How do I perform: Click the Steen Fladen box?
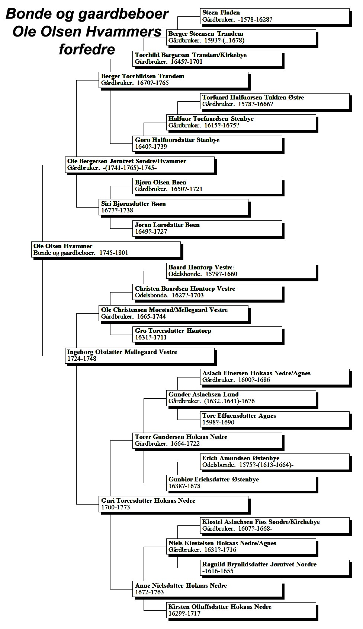(275, 16)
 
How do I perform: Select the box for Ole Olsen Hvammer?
(106, 249)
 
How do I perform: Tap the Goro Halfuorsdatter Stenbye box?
(207, 143)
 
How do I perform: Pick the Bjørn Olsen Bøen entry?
(207, 186)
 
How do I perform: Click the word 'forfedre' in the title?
(87, 50)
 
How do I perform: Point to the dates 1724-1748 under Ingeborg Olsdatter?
(81, 358)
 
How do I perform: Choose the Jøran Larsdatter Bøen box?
(207, 228)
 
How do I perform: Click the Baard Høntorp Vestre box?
(241, 271)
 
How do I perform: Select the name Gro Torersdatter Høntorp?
(173, 331)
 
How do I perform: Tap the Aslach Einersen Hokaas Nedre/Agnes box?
(275, 377)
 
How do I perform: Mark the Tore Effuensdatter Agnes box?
(275, 419)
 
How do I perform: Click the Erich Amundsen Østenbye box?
(275, 462)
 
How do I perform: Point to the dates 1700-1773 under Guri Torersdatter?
(116, 507)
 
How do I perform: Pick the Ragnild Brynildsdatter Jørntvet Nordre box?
(275, 568)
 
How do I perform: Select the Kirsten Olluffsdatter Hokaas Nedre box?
(241, 610)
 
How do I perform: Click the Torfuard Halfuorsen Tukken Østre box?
(275, 101)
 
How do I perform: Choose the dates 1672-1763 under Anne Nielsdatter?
(150, 592)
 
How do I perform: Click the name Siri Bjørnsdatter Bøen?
(134, 203)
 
